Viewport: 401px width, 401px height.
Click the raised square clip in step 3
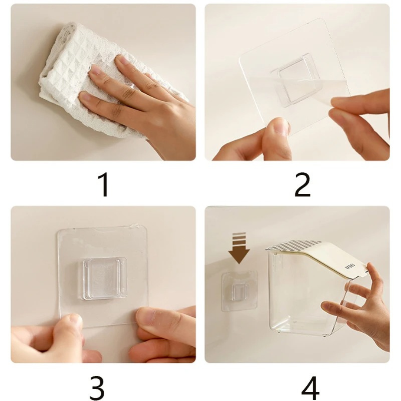coord(105,278)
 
